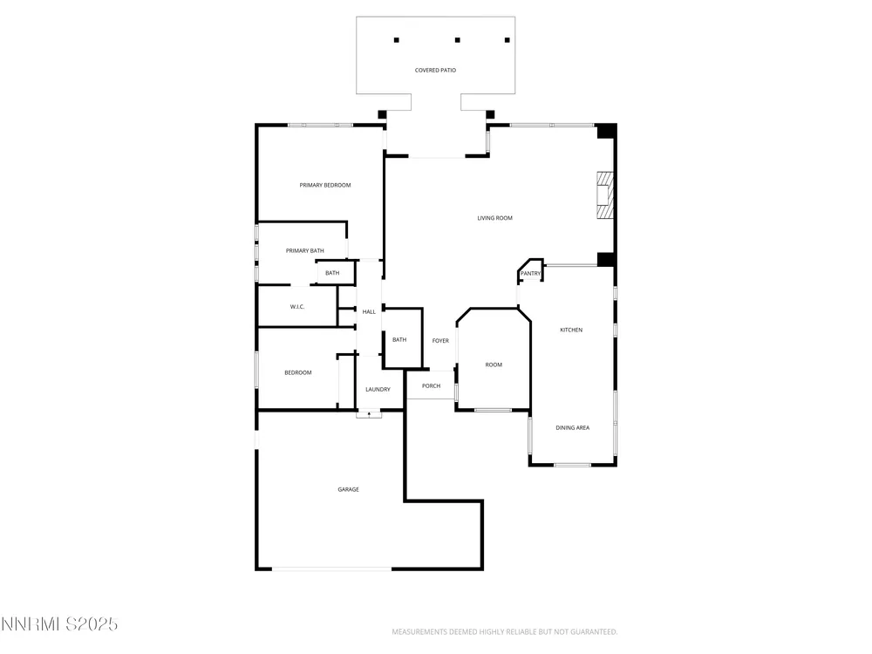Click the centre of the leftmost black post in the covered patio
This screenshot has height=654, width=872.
pos(397,40)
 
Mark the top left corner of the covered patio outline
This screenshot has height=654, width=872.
pos(357,17)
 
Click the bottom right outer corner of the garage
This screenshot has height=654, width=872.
pos(483,570)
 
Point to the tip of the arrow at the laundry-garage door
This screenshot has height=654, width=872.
pos(369,412)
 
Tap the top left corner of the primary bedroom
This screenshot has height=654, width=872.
pos(256,125)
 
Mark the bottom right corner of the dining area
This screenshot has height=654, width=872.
pos(617,466)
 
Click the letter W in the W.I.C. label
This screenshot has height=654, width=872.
pos(292,307)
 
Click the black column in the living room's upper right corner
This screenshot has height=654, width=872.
pos(606,132)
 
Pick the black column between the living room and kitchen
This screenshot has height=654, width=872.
pos(606,260)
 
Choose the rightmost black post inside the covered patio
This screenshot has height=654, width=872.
pos(508,40)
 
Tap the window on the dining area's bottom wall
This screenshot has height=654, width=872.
pos(572,465)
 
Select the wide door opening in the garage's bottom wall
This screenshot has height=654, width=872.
pos(331,569)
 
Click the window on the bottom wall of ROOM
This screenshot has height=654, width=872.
pos(493,411)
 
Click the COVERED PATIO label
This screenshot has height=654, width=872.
pos(435,70)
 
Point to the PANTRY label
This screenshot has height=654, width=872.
pos(530,274)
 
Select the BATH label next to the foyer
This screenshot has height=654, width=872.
pos(399,340)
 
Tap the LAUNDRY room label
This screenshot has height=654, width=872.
pos(378,389)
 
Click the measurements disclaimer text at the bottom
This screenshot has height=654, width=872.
pos(504,631)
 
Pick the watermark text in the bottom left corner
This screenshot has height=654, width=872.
pos(59,624)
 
